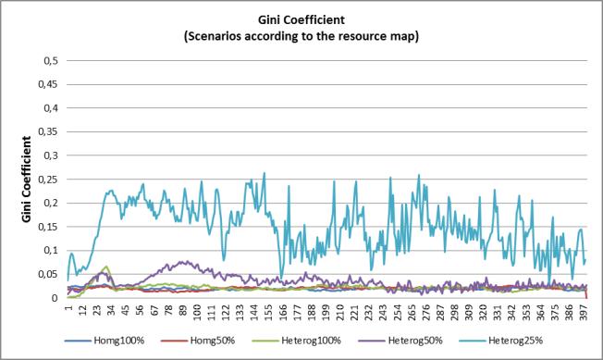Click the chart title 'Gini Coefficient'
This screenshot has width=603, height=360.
coord(301,19)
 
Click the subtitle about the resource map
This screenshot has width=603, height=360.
coord(301,36)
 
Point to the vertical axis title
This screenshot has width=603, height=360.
coord(26,179)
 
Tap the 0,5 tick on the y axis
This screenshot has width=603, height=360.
coord(50,61)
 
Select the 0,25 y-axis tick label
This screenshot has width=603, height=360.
coord(48,180)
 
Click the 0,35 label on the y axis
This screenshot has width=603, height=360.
coord(48,132)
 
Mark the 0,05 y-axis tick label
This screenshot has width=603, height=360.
coord(48,274)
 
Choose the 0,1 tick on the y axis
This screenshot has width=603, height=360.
coord(50,251)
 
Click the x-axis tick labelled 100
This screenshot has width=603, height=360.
coord(197,310)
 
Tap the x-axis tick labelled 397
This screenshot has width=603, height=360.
coord(584,310)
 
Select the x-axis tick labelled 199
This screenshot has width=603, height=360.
coord(326,310)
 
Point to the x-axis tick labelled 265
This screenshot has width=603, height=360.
coord(412,310)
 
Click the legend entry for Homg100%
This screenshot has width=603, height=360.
coord(105,341)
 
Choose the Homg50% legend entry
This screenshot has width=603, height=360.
coord(197,341)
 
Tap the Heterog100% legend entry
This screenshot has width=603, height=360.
coord(296,341)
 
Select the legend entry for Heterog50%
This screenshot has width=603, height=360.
coord(400,341)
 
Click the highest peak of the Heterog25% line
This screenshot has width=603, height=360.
coord(265,173)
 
